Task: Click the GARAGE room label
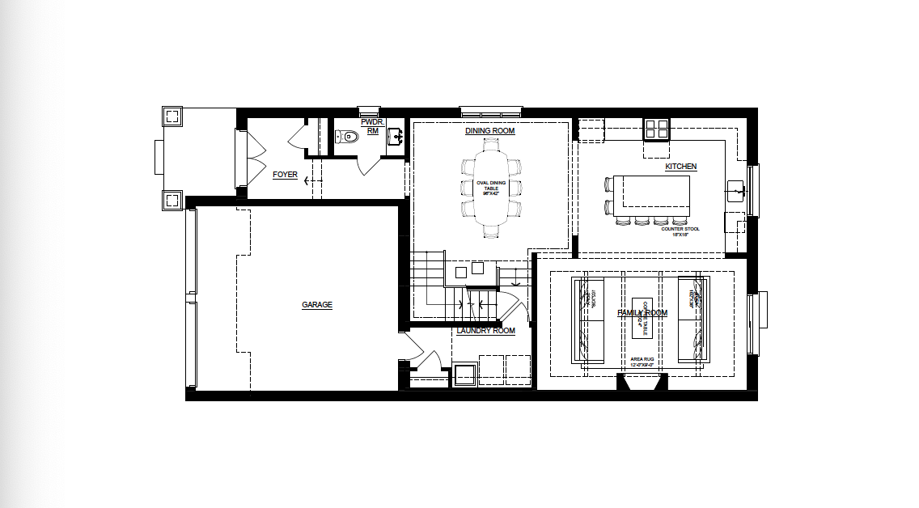pyautogui.click(x=317, y=305)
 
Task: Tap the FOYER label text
pyautogui.click(x=285, y=174)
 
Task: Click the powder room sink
pyautogui.click(x=396, y=136)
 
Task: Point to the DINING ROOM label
pyautogui.click(x=489, y=131)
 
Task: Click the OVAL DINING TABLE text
pyautogui.click(x=491, y=188)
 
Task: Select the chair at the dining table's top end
pyautogui.click(x=491, y=144)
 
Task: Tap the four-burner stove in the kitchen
pyautogui.click(x=657, y=129)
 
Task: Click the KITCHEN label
pyautogui.click(x=680, y=167)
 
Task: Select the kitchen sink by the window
pyautogui.click(x=736, y=191)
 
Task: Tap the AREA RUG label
pyautogui.click(x=642, y=361)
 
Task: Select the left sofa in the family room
pyautogui.click(x=590, y=320)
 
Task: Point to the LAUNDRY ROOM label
pyautogui.click(x=485, y=331)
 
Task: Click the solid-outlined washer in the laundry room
pyautogui.click(x=465, y=375)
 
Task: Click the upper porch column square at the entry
pyautogui.click(x=172, y=116)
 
